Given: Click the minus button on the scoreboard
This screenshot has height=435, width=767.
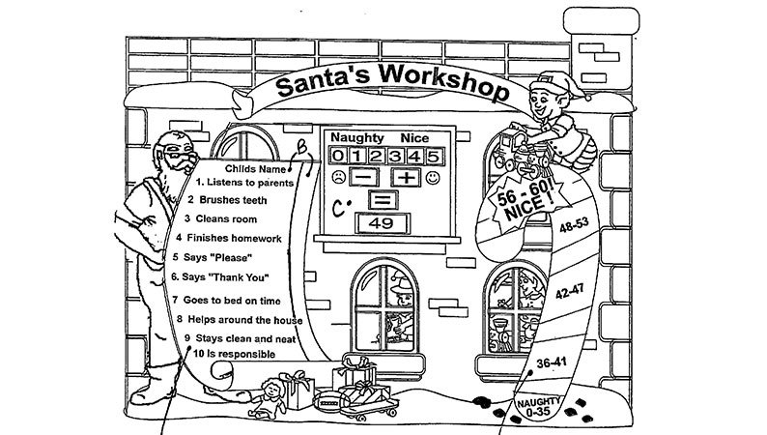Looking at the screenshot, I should tap(364, 179).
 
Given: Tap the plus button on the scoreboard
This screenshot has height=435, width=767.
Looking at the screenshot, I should tap(407, 179).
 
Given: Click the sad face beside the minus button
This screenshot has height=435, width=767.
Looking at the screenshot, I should tap(337, 179).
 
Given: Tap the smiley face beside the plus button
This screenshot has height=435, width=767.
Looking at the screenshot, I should tap(434, 179).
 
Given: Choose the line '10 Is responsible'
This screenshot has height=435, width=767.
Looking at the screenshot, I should tap(235, 355).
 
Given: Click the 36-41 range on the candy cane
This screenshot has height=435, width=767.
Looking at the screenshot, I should tap(552, 362).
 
